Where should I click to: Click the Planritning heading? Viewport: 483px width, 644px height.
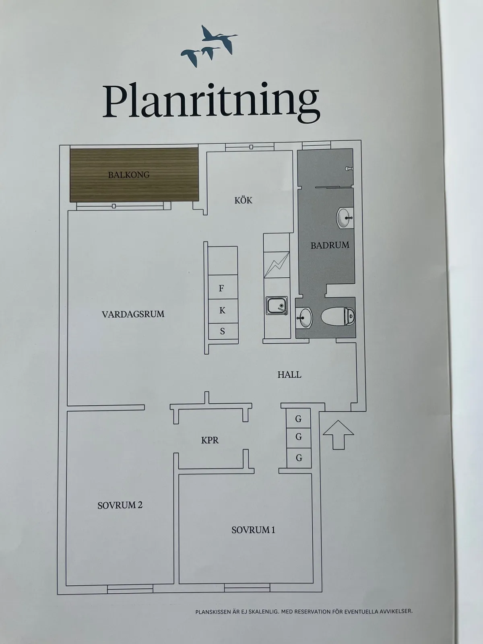(x=211, y=102)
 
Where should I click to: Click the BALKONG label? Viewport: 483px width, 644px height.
(x=129, y=175)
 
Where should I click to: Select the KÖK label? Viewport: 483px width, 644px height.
(x=243, y=200)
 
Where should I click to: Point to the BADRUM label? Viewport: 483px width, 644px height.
(x=330, y=245)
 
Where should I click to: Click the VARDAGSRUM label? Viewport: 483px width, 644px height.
(x=133, y=314)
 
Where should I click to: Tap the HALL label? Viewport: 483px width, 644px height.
(x=289, y=374)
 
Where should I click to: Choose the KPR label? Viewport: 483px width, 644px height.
(x=210, y=440)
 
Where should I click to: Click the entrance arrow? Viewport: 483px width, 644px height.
(x=338, y=435)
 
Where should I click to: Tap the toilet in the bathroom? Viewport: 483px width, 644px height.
(x=338, y=316)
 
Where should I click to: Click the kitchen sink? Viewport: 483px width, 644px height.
(x=277, y=305)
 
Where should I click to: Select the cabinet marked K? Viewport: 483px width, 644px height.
(x=223, y=311)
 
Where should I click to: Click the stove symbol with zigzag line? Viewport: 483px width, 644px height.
(x=277, y=264)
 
